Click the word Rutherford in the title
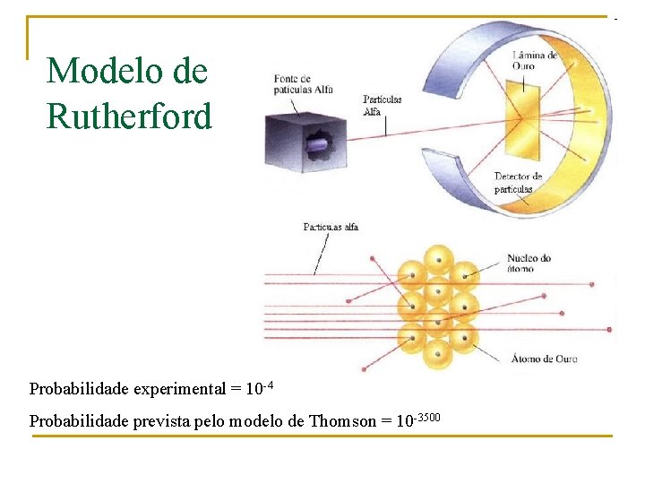[x=129, y=116]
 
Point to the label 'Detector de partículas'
[x=519, y=183]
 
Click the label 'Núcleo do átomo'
[x=529, y=263]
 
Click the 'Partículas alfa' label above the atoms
[x=331, y=227]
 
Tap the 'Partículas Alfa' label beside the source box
[x=382, y=105]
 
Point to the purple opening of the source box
[x=319, y=144]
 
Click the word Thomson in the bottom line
[x=342, y=420]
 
